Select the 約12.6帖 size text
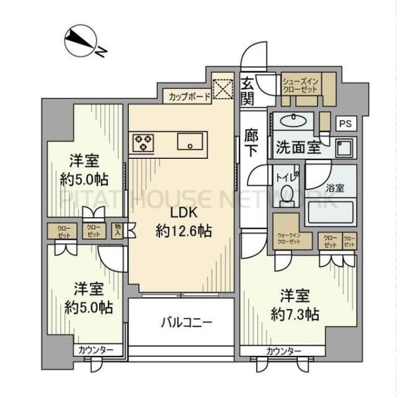coord(180,231)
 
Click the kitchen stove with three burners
coord(143,141)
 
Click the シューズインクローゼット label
coord(300,85)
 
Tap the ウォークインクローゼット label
coord(289,239)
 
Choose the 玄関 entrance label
coord(247,91)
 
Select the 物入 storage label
coord(116,229)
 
